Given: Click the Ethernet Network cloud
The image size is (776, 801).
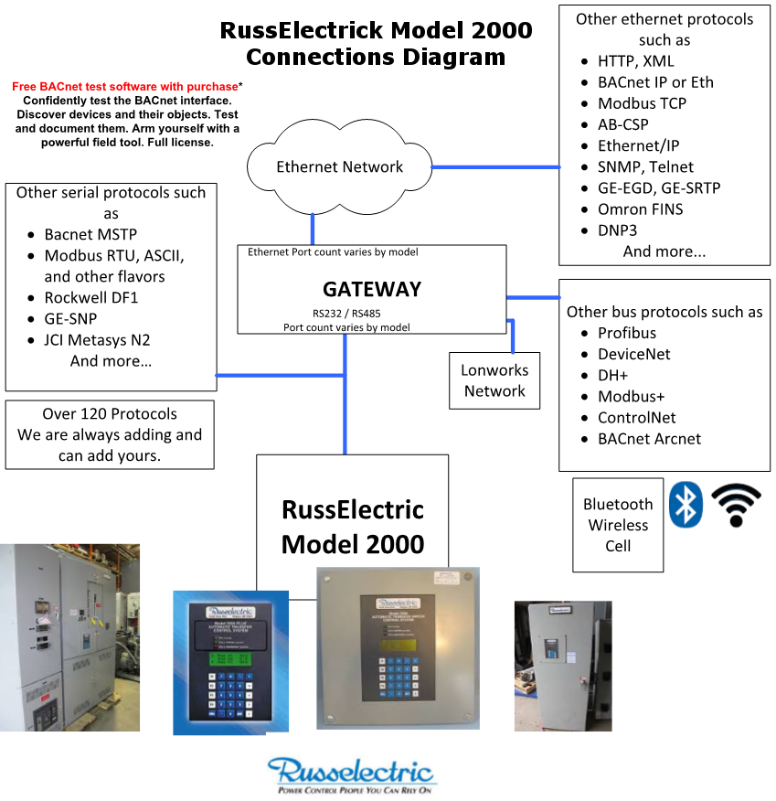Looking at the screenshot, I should (x=339, y=167).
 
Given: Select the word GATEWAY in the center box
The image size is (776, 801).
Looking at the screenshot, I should (x=372, y=289).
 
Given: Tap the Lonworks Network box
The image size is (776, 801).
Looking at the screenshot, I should (x=494, y=380).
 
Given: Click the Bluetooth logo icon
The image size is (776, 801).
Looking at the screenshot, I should (x=686, y=504).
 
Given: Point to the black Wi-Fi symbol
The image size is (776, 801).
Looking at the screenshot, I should (x=736, y=506).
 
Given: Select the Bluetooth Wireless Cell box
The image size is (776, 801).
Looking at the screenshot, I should (x=618, y=525).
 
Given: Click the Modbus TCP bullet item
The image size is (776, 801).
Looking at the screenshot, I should (x=642, y=103).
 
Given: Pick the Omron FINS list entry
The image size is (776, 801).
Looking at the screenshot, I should (x=640, y=208).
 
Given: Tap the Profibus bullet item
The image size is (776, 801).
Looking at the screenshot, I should (x=627, y=333).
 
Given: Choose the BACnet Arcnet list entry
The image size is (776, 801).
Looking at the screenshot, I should (x=649, y=438).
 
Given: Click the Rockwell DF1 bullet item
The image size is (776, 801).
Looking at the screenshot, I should (x=91, y=297).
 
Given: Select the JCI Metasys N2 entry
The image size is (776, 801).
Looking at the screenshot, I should (x=97, y=339).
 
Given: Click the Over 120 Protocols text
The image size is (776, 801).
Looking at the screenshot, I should (x=110, y=413).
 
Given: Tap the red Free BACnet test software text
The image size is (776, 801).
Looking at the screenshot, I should (x=125, y=87).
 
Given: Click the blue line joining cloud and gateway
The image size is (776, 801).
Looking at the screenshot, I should (x=313, y=228).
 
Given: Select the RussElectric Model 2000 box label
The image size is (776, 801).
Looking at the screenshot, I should (x=353, y=527).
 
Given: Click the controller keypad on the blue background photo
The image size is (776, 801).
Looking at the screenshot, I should (x=229, y=688).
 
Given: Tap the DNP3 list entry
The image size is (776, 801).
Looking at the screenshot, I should (x=618, y=230).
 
